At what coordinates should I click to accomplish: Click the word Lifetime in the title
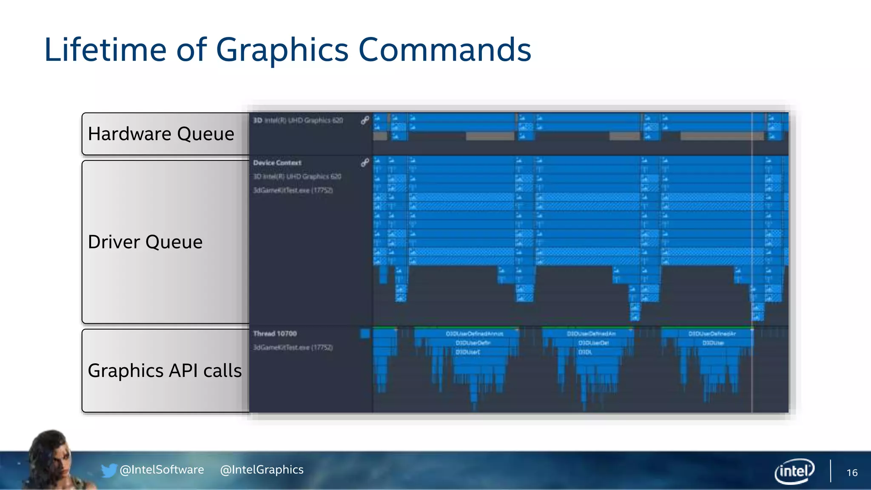[x=105, y=50]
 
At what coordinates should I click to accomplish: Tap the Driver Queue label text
[x=145, y=242]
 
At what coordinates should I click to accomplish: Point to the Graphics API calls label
[x=165, y=370]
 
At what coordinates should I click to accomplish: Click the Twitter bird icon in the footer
[x=108, y=470]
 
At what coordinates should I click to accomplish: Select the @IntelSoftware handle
[x=162, y=470]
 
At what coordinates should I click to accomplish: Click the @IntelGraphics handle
[x=262, y=470]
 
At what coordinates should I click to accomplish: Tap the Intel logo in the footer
[x=794, y=471]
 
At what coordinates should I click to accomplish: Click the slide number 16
[x=852, y=473]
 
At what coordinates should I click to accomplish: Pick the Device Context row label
[x=277, y=163]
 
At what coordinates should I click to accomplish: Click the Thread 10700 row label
[x=275, y=333]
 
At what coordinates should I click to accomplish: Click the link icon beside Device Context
[x=365, y=162]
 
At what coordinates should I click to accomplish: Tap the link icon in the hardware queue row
[x=365, y=120]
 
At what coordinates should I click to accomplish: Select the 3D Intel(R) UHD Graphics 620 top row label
[x=298, y=120]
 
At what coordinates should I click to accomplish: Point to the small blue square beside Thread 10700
[x=365, y=333]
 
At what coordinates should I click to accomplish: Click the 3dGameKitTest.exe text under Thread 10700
[x=293, y=348]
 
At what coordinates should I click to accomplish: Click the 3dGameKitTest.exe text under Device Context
[x=293, y=190]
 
